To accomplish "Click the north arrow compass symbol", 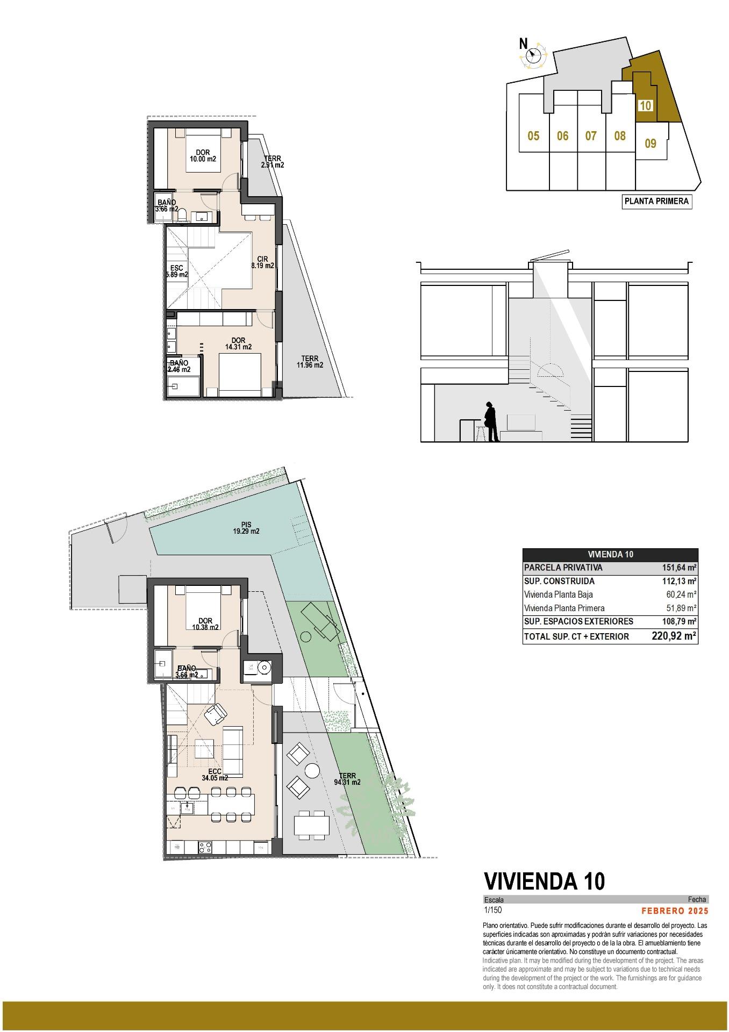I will pos(534,54).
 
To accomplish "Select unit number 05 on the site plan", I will pos(533,136).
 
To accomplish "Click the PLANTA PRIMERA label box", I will pos(656,202).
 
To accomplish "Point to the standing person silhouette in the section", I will pos(490,421).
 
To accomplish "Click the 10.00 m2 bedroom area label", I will pos(203,159).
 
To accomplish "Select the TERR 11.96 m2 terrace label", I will pos(310,362).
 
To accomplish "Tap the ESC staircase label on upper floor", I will pos(176,271).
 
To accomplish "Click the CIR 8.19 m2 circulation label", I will pos(263,262).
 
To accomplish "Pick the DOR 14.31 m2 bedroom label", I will pos(238,343).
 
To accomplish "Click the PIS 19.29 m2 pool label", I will pos(246,528).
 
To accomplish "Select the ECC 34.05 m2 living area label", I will pos(215,775).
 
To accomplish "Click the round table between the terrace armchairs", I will pos(312,770).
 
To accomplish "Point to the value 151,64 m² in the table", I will pos(679,568).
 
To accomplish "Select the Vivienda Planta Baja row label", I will pos(558,595).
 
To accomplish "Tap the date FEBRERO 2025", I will pos(675,911).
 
